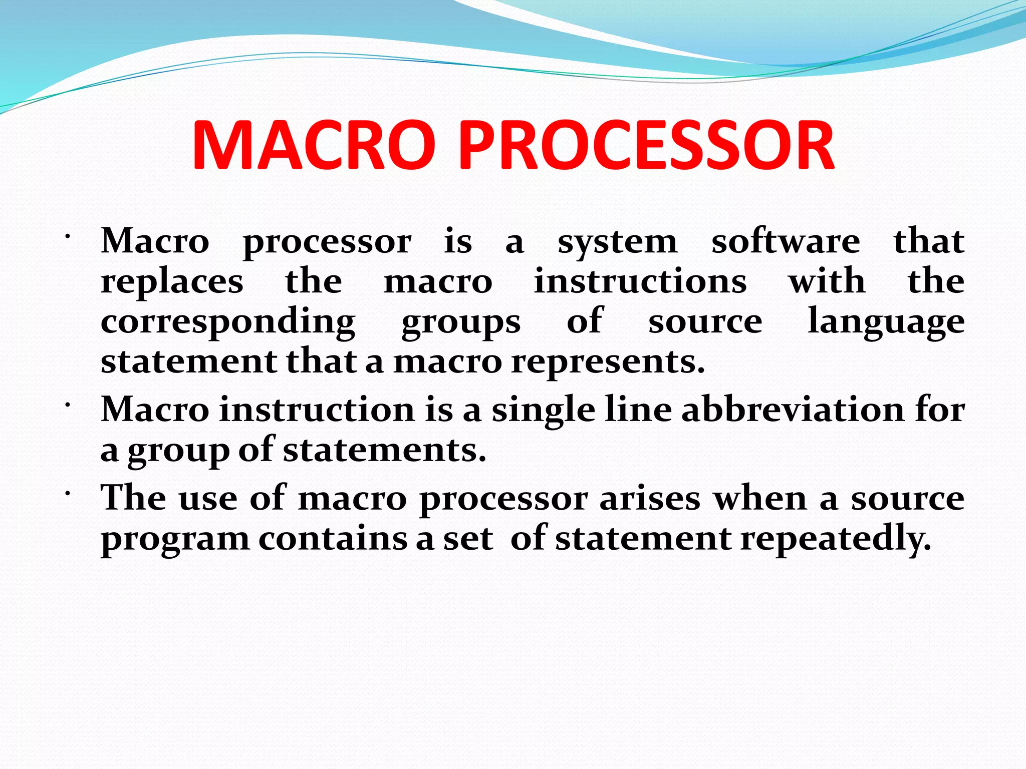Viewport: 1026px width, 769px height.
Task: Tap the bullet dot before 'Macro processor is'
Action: tap(67, 237)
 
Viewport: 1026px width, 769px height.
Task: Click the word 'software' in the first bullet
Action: tap(786, 242)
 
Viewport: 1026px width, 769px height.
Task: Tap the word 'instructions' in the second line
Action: tap(640, 281)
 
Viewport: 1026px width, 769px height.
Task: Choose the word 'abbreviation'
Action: tap(793, 410)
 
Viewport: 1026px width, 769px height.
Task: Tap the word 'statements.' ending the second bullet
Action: tap(384, 450)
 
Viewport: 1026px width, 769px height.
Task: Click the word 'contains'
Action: tap(333, 539)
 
